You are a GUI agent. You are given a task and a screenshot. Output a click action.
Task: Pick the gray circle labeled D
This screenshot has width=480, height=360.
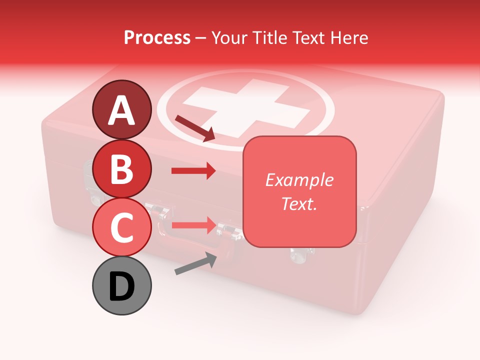[121, 285]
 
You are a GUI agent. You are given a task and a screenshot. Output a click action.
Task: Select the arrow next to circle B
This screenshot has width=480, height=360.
[193, 171]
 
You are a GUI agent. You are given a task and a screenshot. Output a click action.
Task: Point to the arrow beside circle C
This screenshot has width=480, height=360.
[193, 226]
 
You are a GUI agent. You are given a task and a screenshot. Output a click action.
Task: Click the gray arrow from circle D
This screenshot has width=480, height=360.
[195, 263]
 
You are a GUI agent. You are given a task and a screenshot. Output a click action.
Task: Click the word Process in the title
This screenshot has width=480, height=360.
[157, 37]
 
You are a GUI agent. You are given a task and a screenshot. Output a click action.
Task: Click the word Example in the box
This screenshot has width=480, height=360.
[299, 180]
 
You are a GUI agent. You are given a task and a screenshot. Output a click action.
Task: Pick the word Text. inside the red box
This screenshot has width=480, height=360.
[299, 203]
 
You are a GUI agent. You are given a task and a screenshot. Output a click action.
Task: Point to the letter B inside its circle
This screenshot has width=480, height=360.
[121, 169]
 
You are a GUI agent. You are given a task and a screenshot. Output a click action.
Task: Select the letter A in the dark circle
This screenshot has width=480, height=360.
[121, 110]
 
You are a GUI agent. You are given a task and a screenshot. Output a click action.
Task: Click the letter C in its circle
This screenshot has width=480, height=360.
[121, 228]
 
